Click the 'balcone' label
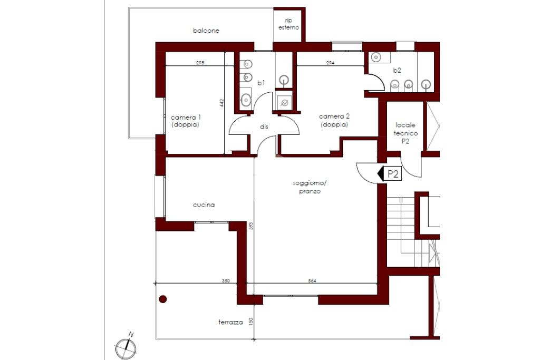point(206,31)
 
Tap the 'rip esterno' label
point(288,24)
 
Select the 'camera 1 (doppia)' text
point(186,121)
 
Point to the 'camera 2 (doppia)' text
point(334,120)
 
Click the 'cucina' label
point(204,205)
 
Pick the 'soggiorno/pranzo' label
point(309,187)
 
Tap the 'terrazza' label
point(230,323)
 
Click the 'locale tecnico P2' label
point(406,133)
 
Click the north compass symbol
point(126,347)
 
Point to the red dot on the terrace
point(163,299)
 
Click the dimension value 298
point(200,63)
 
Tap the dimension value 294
point(330,63)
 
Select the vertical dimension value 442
point(222,103)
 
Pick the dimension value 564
point(312,280)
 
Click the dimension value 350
point(226,280)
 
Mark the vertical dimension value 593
point(251,226)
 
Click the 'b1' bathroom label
point(262,83)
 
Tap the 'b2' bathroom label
point(397,70)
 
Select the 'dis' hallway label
point(264,127)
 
